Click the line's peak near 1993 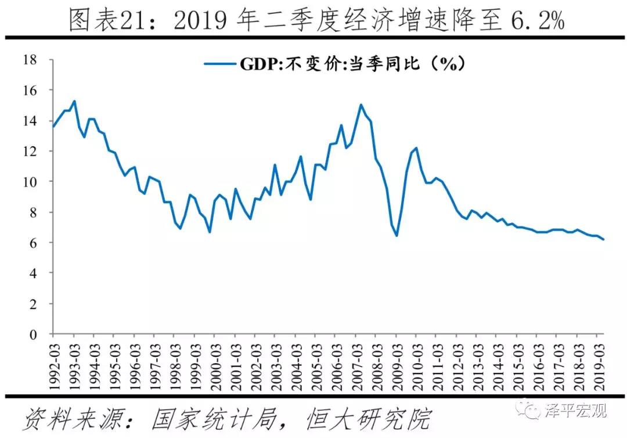point(74,101)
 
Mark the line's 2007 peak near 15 point(361,105)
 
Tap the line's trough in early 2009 point(397,236)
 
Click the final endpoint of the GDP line point(603,239)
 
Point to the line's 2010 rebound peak point(416,148)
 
